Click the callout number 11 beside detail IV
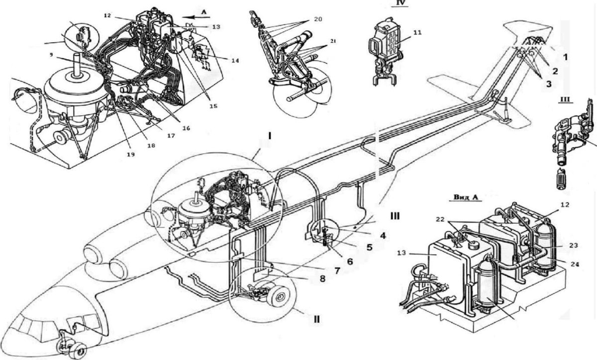(x=417, y=32)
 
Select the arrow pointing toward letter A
(x=196, y=17)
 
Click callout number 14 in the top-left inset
(x=234, y=61)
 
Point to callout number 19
(x=131, y=154)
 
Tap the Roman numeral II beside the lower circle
(x=316, y=319)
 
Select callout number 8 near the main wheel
(x=322, y=279)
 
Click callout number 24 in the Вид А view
(x=575, y=264)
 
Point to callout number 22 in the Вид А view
(x=441, y=220)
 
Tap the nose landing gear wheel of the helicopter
(x=79, y=351)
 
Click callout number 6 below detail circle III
(x=349, y=262)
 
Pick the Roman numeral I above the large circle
(x=270, y=137)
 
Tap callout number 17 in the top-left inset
(x=171, y=136)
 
